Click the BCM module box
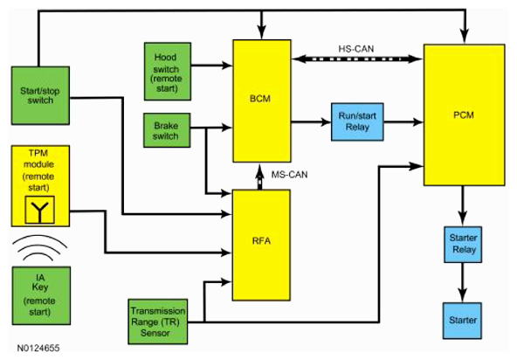(262, 101)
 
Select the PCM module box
(465, 114)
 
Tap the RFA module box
(261, 245)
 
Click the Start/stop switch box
(40, 95)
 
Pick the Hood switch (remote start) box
(168, 72)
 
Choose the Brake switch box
(167, 130)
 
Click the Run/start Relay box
(357, 121)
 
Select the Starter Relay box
(463, 245)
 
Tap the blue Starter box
(462, 321)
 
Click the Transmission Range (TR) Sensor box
(158, 322)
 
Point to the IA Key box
(41, 295)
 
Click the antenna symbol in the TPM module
(40, 210)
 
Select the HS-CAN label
(356, 49)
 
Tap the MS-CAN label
(289, 175)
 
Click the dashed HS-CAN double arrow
(357, 59)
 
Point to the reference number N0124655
(38, 348)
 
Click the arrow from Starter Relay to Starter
(463, 282)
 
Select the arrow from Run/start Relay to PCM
(403, 122)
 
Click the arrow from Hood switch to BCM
(211, 66)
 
